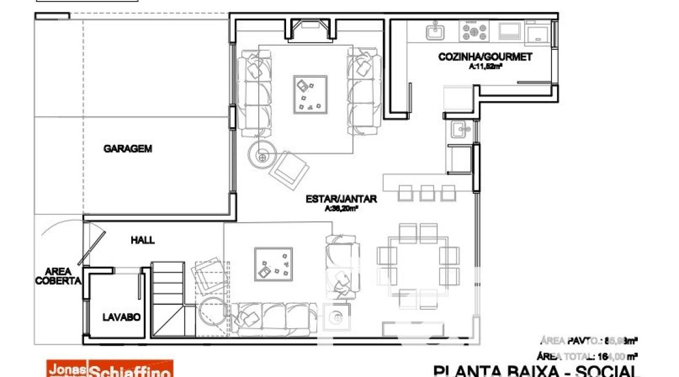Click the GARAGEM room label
tap(128, 148)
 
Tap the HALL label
tap(143, 240)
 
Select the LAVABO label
tap(122, 317)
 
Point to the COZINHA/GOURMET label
tap(485, 57)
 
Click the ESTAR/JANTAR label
tap(341, 199)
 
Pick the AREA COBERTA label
tap(59, 276)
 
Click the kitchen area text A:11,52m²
tap(485, 67)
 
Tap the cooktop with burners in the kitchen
tap(474, 31)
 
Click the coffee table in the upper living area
tap(309, 95)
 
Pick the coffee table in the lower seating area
tap(273, 264)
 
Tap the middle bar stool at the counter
tap(427, 192)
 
